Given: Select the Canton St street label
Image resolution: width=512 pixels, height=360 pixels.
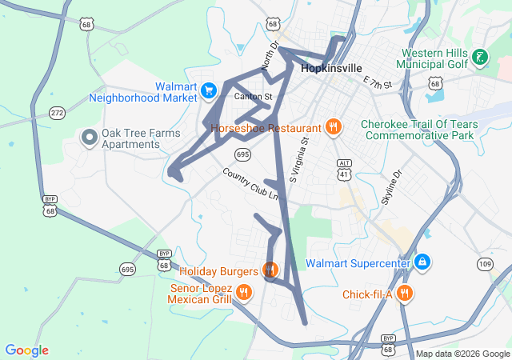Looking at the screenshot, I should (253, 97).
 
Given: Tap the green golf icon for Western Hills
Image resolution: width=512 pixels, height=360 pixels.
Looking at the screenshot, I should (480, 58).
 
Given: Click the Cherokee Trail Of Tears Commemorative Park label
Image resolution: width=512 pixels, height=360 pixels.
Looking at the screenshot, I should (419, 130).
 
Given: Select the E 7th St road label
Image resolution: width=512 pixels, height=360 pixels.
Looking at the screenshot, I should (378, 82).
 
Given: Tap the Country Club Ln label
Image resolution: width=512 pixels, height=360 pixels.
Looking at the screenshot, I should (251, 185).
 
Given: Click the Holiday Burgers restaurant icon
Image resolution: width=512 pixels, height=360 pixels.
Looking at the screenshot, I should (270, 270).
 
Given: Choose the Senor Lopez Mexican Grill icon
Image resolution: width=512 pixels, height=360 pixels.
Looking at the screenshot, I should (244, 294).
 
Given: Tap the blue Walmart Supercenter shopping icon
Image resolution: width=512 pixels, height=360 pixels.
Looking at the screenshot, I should (422, 262).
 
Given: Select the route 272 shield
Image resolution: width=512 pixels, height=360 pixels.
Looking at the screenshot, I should (57, 113).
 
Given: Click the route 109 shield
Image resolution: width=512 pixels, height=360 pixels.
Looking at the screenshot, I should (484, 264).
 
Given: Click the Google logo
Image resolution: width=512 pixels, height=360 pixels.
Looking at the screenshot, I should (26, 350).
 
